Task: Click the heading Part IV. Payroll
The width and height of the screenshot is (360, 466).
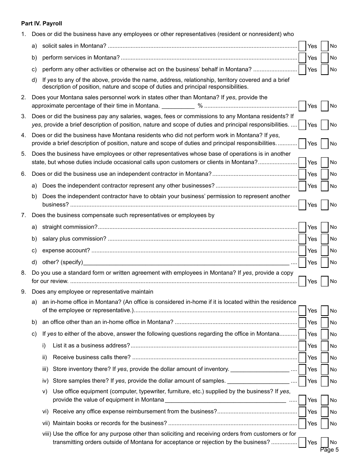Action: click(42, 23)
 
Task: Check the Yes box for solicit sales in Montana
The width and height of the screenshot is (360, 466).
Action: click(302, 46)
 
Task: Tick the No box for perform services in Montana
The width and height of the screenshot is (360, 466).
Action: click(324, 58)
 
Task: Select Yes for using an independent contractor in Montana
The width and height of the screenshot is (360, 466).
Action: click(302, 174)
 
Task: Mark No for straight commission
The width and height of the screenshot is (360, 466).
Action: click(324, 227)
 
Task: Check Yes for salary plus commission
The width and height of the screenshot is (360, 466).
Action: click(302, 239)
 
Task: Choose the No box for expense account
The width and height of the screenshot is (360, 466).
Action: click(324, 251)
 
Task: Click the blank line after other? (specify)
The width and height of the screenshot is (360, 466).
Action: click(186, 263)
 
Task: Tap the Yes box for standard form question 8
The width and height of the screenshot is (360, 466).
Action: click(302, 281)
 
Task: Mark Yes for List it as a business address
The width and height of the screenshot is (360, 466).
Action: click(302, 346)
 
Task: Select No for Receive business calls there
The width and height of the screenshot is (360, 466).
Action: click(324, 358)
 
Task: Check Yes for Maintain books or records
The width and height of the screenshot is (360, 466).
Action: click(302, 424)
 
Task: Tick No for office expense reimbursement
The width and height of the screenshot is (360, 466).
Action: click(324, 412)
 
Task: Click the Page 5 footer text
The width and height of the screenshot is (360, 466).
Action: click(329, 450)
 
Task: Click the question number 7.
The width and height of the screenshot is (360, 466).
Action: click(23, 215)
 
